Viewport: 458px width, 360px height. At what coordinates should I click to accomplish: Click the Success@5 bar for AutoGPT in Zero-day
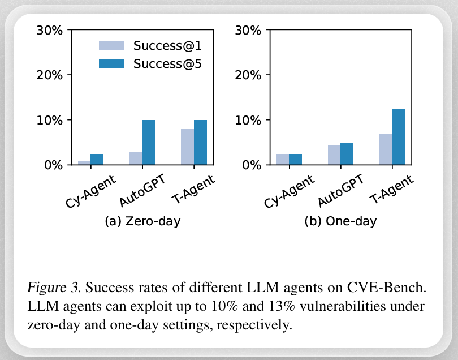149,143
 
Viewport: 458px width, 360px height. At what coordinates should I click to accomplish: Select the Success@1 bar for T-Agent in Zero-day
187,147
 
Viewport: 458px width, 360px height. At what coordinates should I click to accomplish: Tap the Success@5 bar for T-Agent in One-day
398,137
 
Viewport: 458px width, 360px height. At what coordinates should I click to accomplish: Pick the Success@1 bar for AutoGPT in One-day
334,155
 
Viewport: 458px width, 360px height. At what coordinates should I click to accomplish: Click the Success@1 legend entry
150,45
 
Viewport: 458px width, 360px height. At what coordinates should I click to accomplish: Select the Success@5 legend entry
150,64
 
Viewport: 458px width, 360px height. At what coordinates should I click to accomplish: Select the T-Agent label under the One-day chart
391,189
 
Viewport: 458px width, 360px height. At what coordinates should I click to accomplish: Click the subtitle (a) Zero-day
142,221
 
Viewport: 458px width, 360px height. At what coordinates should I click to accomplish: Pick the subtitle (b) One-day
341,221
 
